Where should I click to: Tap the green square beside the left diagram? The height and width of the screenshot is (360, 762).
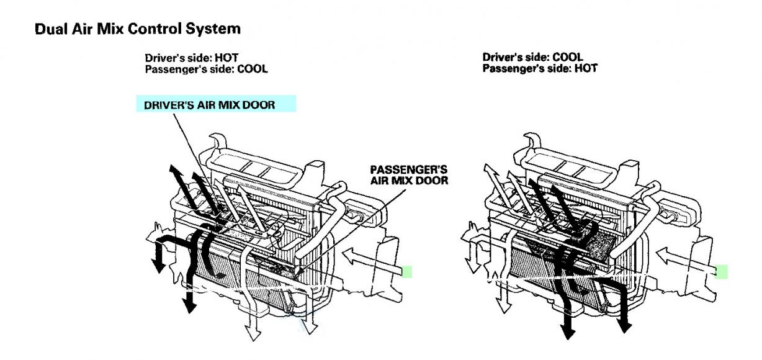click(x=406, y=271)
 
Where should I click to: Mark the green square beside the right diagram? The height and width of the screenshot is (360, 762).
click(x=721, y=271)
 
